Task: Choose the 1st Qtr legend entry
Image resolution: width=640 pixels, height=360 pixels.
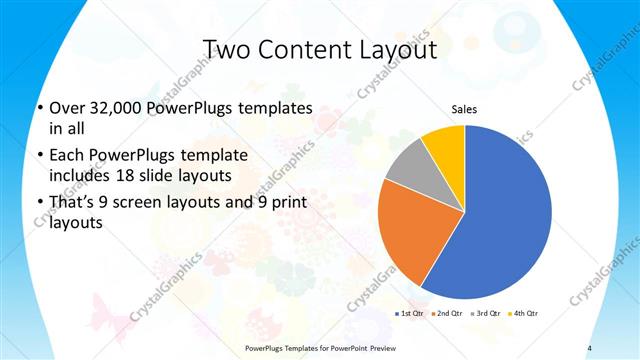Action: tap(412, 314)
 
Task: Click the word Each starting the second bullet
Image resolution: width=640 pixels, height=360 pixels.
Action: tap(66, 157)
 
